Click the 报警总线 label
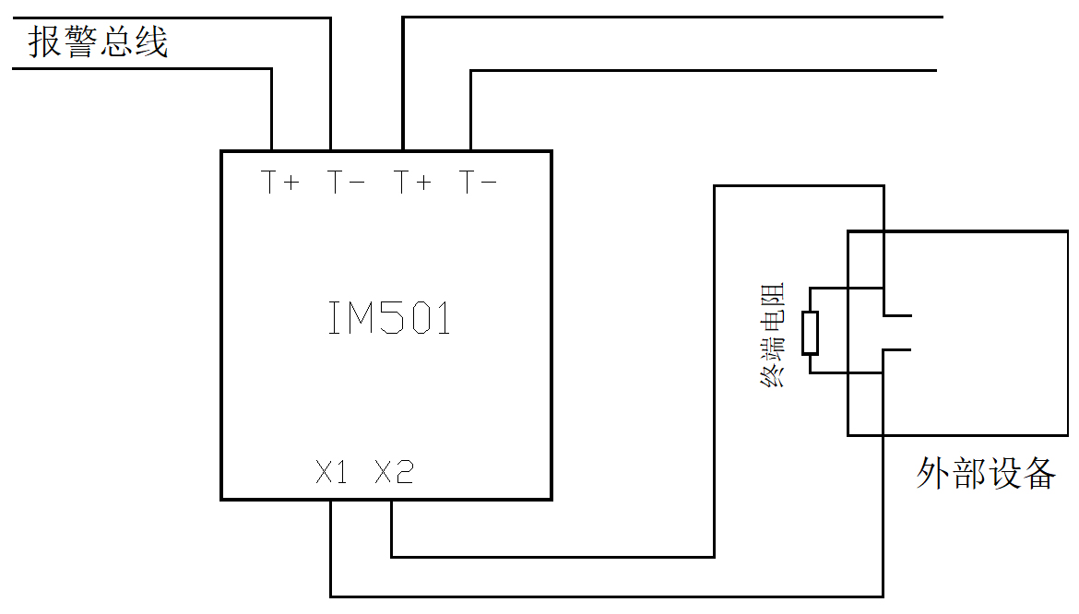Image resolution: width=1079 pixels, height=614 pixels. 98,42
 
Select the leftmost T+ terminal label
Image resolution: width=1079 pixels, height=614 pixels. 280,183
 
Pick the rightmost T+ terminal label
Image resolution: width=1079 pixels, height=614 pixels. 413,183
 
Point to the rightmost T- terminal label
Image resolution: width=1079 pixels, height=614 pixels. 479,183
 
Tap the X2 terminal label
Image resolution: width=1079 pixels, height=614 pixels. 395,473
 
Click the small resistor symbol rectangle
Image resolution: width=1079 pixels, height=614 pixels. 810,333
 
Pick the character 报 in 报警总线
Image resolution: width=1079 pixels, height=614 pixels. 45,42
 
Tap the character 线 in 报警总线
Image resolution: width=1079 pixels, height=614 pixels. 151,42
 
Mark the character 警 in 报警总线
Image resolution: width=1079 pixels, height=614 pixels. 80,42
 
